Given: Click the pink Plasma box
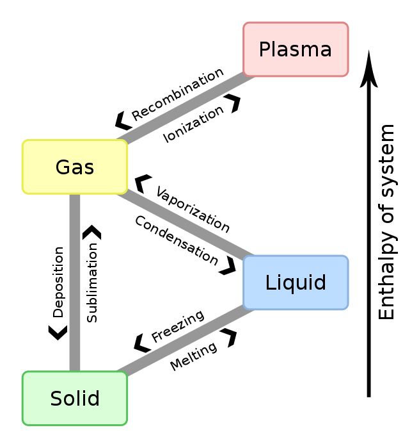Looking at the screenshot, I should [296, 49].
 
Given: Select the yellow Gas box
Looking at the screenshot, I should [75, 167].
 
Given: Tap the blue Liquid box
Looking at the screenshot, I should [296, 282].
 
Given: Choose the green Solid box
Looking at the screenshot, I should [75, 398].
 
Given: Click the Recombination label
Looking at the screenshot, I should [177, 94].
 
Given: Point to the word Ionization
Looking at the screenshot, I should [193, 124].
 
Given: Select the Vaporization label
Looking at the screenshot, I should [193, 210].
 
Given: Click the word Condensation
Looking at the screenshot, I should [177, 239].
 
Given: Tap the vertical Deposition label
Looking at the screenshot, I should [58, 282].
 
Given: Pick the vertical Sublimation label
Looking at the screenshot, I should [93, 282].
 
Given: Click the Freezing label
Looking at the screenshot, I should [177, 326].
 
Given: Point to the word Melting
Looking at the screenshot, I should [193, 356].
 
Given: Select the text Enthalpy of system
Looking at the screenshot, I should [386, 222].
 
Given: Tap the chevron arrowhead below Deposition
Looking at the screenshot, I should [58, 331].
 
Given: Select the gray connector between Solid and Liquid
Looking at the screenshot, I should [186, 341].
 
